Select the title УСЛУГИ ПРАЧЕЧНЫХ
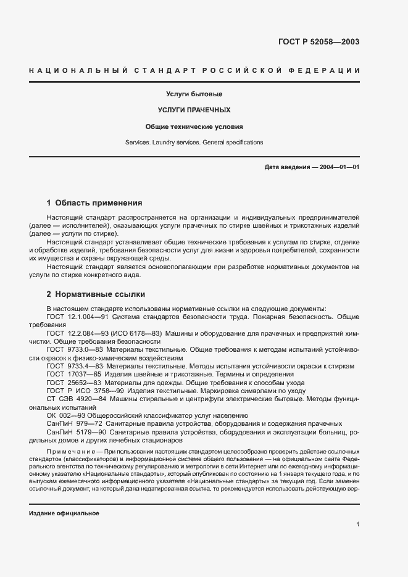pos(194,110)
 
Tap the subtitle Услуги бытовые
pos(194,94)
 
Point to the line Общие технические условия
pos(194,127)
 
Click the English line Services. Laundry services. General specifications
pos(194,143)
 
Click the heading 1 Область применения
pos(94,202)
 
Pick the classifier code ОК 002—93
pos(66,416)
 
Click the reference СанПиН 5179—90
pos(73,433)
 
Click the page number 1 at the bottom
pos(357,525)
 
